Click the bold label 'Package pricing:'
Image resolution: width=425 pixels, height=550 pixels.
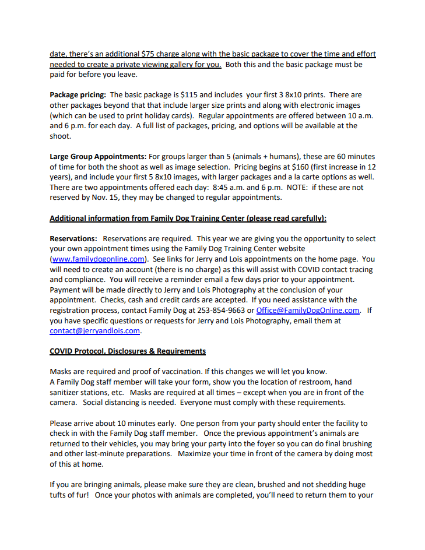click(78, 95)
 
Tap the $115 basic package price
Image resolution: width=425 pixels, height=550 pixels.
click(189, 95)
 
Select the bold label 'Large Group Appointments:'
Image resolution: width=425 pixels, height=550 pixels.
click(98, 157)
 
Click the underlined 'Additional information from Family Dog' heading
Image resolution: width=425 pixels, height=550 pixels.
click(188, 219)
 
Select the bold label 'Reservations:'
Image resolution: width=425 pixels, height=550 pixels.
click(74, 239)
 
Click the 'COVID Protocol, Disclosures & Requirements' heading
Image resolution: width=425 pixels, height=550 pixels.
click(128, 352)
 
